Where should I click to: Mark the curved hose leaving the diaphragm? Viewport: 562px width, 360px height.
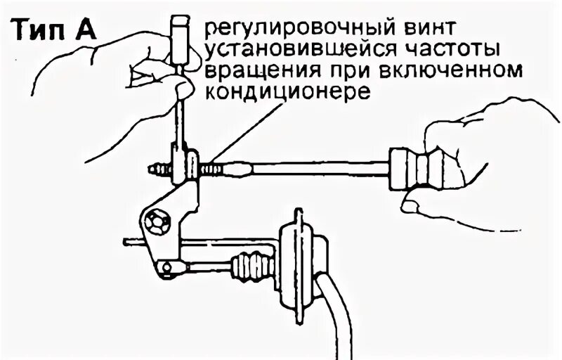click(x=339, y=316)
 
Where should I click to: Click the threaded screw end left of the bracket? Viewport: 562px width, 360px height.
click(x=160, y=170)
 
